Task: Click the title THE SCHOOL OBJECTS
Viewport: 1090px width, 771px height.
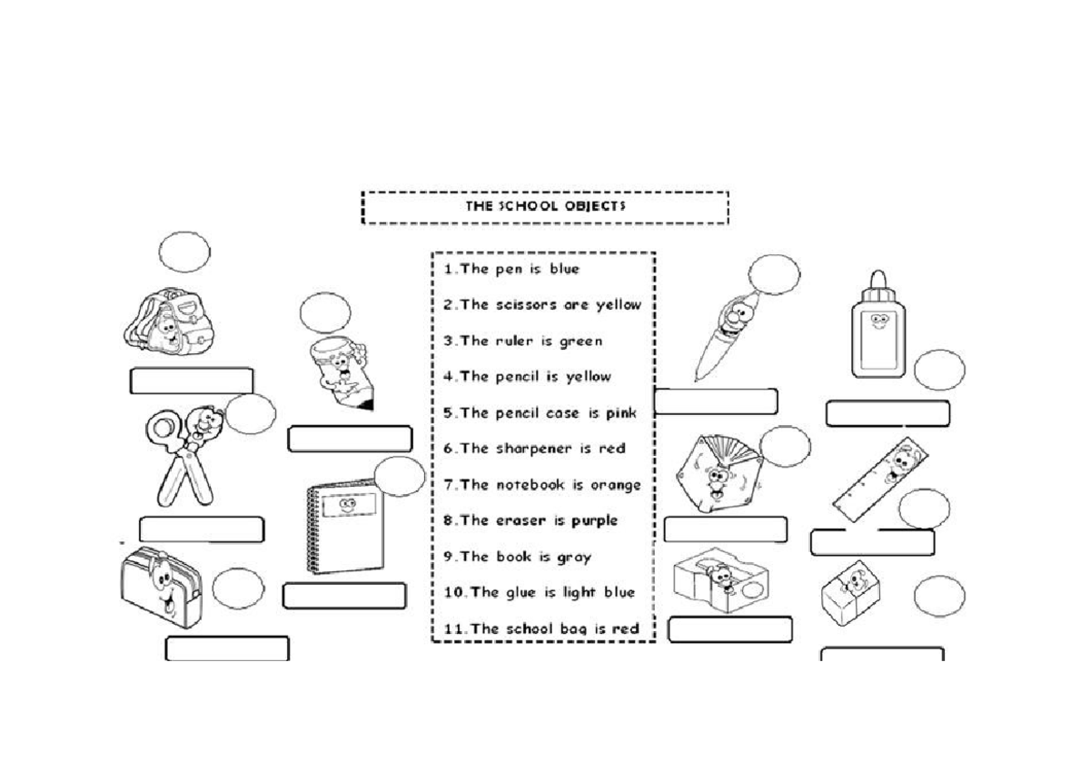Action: [545, 206]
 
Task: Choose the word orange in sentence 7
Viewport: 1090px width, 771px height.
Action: [616, 484]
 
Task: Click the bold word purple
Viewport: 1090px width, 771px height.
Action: [594, 520]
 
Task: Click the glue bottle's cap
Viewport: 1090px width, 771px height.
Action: [877, 285]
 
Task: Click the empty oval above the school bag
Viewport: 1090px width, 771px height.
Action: [184, 252]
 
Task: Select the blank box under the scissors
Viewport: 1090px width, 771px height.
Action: [201, 529]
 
